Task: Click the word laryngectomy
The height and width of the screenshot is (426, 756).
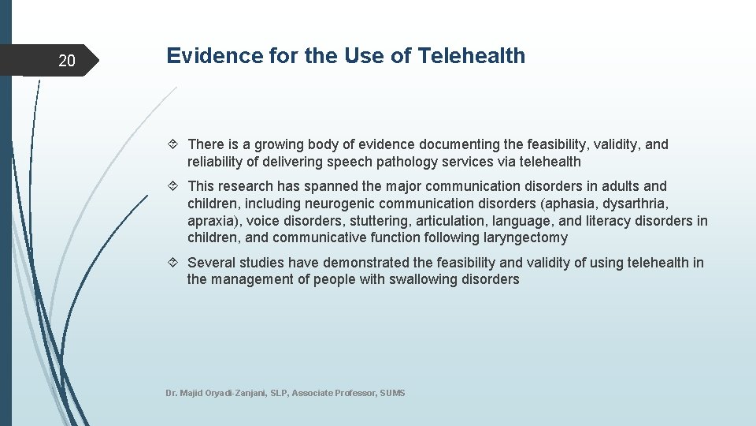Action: pos(524,237)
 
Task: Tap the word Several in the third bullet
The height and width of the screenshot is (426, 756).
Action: pos(211,263)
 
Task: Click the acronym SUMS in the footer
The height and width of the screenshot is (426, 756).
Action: pos(392,393)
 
